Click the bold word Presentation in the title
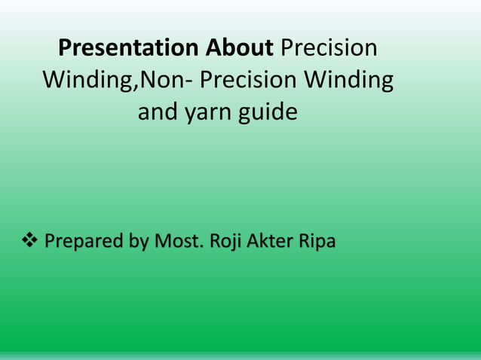click(x=127, y=48)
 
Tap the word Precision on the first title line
click(x=328, y=48)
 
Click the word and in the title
click(x=155, y=113)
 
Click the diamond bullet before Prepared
click(x=29, y=243)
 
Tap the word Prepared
click(x=83, y=243)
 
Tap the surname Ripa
click(x=318, y=243)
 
